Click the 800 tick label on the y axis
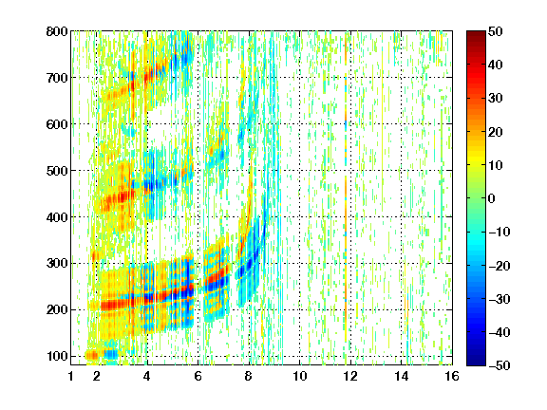click(x=57, y=31)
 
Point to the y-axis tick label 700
click(x=57, y=78)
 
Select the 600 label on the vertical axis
click(x=57, y=124)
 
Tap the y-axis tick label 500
click(x=57, y=171)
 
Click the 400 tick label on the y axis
click(x=57, y=217)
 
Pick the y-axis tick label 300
click(x=57, y=264)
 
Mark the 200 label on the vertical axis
click(x=57, y=310)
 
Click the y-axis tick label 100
click(x=57, y=356)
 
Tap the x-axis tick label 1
click(x=71, y=376)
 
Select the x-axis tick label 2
click(x=97, y=376)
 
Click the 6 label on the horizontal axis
click(x=198, y=376)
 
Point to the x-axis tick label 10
click(x=300, y=376)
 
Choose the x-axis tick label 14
click(x=402, y=376)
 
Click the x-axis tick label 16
click(x=452, y=376)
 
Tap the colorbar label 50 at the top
click(x=495, y=31)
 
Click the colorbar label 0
click(x=492, y=198)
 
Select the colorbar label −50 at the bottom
click(x=500, y=365)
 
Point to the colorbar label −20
click(x=500, y=266)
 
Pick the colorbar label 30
click(x=495, y=99)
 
